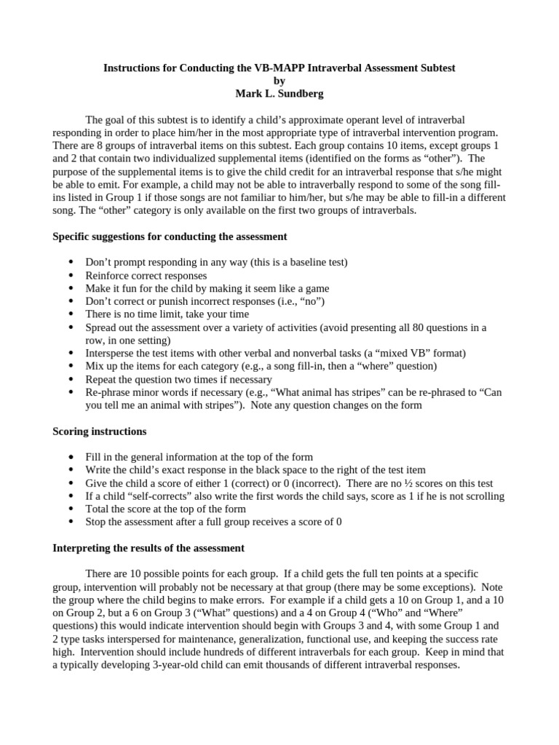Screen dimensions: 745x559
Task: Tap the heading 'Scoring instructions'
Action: click(x=100, y=431)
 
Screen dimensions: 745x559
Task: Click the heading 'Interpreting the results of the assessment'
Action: click(x=148, y=548)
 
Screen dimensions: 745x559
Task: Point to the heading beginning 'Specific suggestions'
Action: click(x=170, y=236)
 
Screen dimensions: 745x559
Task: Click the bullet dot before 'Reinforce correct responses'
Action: click(x=71, y=276)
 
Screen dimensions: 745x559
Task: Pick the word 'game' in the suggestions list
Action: click(x=316, y=288)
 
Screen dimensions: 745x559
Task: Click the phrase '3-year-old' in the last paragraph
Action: click(x=164, y=665)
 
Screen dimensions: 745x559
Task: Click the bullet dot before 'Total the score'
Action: click(x=71, y=509)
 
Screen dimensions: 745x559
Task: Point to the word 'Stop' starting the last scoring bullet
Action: click(x=97, y=522)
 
